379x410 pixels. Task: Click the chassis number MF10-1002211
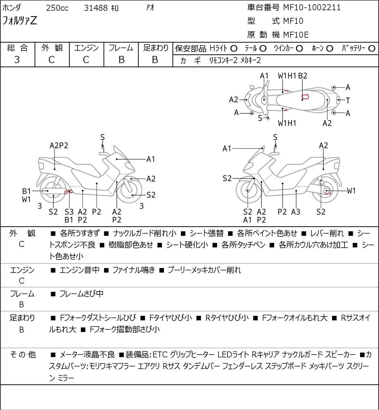point(312,8)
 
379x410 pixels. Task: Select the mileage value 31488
point(96,8)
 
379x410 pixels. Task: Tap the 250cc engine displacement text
point(57,8)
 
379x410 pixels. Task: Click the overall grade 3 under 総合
point(17,60)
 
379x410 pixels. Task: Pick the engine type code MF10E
point(296,35)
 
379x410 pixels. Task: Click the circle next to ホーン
point(330,49)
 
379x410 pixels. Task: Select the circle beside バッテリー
point(372,49)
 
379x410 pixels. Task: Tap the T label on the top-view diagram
point(348,101)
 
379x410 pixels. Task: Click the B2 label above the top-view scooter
point(303,76)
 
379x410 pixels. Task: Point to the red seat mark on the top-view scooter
point(305,96)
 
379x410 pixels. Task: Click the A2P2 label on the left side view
point(59,146)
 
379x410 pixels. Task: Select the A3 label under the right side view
point(296,212)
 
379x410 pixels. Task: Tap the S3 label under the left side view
point(69,212)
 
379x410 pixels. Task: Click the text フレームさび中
point(81,294)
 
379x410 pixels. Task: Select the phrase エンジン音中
point(79,270)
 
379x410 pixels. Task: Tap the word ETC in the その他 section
point(160,355)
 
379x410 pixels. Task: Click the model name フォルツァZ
point(20,21)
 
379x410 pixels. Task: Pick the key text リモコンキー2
point(223,61)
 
